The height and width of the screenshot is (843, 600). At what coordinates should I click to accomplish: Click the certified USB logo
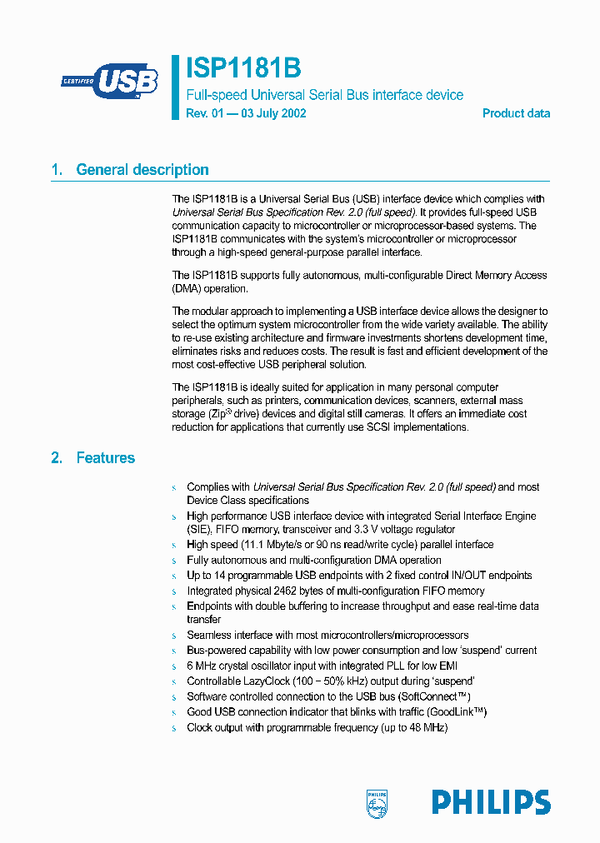pyautogui.click(x=109, y=81)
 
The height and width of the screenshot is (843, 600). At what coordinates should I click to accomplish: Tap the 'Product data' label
pyautogui.click(x=516, y=113)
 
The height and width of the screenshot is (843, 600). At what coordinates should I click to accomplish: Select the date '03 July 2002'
pyautogui.click(x=273, y=113)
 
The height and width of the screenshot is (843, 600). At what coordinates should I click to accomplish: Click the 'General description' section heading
pyautogui.click(x=142, y=170)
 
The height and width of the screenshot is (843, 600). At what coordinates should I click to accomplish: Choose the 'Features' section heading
pyautogui.click(x=105, y=457)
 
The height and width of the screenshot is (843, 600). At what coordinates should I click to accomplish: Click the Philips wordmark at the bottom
pyautogui.click(x=491, y=802)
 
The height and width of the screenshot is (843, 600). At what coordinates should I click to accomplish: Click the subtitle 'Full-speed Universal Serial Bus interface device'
pyautogui.click(x=324, y=95)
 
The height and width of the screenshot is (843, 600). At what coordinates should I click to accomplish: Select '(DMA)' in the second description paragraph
pyautogui.click(x=187, y=289)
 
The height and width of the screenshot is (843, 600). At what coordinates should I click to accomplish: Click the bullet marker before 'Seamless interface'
pyautogui.click(x=174, y=636)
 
